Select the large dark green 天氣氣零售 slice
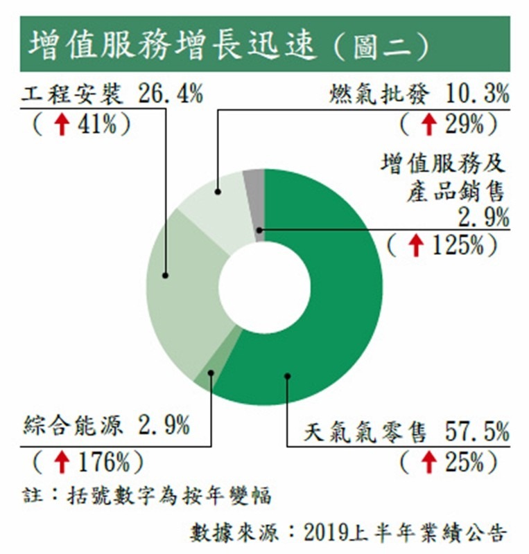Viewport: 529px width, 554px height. pyautogui.click(x=326, y=312)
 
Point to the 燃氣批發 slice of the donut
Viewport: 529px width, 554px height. pyautogui.click(x=215, y=201)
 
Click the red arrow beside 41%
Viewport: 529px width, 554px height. pyautogui.click(x=62, y=125)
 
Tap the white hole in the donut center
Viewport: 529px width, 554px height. pyautogui.click(x=264, y=287)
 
